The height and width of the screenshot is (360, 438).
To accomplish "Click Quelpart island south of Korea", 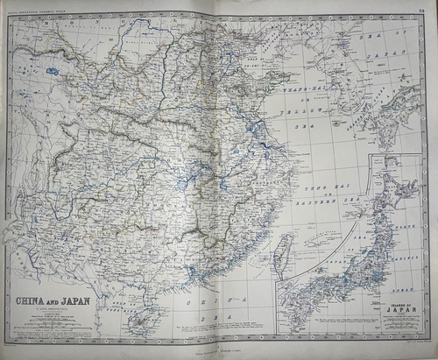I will click(340, 163).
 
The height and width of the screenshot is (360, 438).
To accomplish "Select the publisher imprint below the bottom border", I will click(219, 354).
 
